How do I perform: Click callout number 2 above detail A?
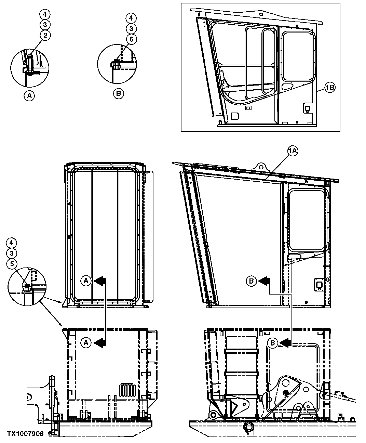click(x=44, y=35)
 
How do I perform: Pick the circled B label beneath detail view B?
click(x=119, y=93)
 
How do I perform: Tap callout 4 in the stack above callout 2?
click(x=44, y=14)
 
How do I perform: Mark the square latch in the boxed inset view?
click(x=307, y=108)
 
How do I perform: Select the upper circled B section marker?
click(x=252, y=281)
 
